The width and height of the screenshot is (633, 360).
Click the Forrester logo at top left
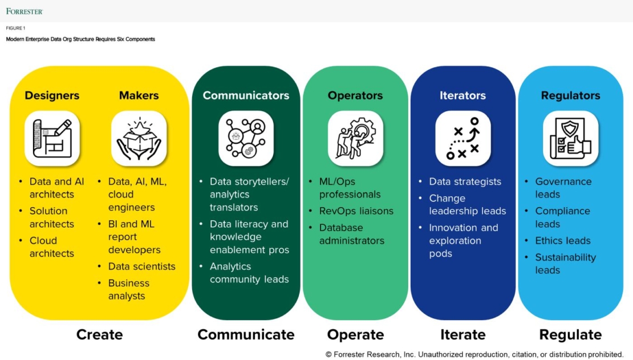tap(25, 11)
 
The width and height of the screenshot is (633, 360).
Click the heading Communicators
tap(246, 95)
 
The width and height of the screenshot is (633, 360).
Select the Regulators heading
tap(570, 95)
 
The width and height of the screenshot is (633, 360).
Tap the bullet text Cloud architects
tap(52, 247)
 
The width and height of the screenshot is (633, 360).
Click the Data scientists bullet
tap(142, 266)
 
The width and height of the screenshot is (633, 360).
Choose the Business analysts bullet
tap(129, 289)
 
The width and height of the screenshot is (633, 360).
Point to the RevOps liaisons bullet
tap(356, 211)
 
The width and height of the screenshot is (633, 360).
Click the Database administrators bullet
tap(351, 234)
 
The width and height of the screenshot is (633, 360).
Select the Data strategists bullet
tap(465, 181)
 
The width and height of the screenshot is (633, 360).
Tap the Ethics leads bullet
tap(562, 241)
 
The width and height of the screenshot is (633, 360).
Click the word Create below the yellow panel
tap(99, 335)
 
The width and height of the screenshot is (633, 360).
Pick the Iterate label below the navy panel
tap(462, 335)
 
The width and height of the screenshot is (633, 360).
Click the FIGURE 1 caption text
tap(16, 28)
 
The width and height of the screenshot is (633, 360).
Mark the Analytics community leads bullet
tap(249, 273)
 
